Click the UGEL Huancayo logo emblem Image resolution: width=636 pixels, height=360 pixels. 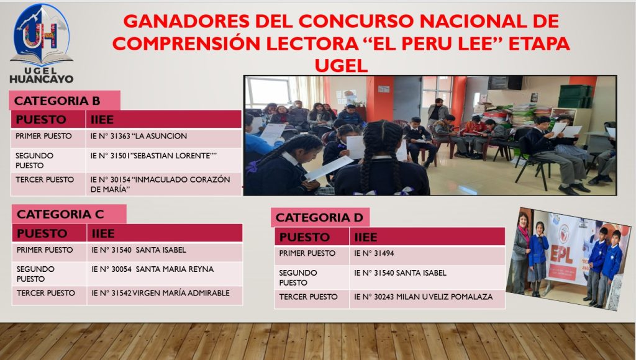point(42,35)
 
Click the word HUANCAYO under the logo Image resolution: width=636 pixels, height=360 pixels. point(42,79)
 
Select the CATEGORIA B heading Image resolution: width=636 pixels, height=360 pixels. point(57,101)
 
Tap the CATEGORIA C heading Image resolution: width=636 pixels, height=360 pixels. point(60,214)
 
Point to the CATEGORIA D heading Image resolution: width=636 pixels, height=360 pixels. point(319,218)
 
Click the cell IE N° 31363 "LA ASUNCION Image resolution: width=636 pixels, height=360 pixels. point(139,136)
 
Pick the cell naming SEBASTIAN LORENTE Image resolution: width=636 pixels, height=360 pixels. point(154,156)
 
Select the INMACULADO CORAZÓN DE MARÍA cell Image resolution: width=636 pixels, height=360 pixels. point(160,184)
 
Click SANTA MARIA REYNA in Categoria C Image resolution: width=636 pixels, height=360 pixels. point(153,269)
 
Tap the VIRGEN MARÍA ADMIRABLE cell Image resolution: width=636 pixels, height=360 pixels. point(161,293)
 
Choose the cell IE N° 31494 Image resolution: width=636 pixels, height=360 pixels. point(374,253)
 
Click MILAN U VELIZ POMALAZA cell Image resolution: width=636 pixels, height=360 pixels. point(424,297)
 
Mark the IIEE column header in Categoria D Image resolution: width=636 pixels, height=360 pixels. point(366,237)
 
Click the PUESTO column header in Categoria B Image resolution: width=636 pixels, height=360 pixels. point(40,120)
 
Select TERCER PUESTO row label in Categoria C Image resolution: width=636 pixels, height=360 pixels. point(46,293)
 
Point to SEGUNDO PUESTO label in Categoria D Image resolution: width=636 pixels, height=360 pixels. point(298,277)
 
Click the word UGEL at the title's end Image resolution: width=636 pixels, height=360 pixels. point(341,65)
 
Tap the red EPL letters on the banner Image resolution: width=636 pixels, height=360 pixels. point(561,255)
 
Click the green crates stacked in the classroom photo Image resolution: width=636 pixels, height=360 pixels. point(575,96)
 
